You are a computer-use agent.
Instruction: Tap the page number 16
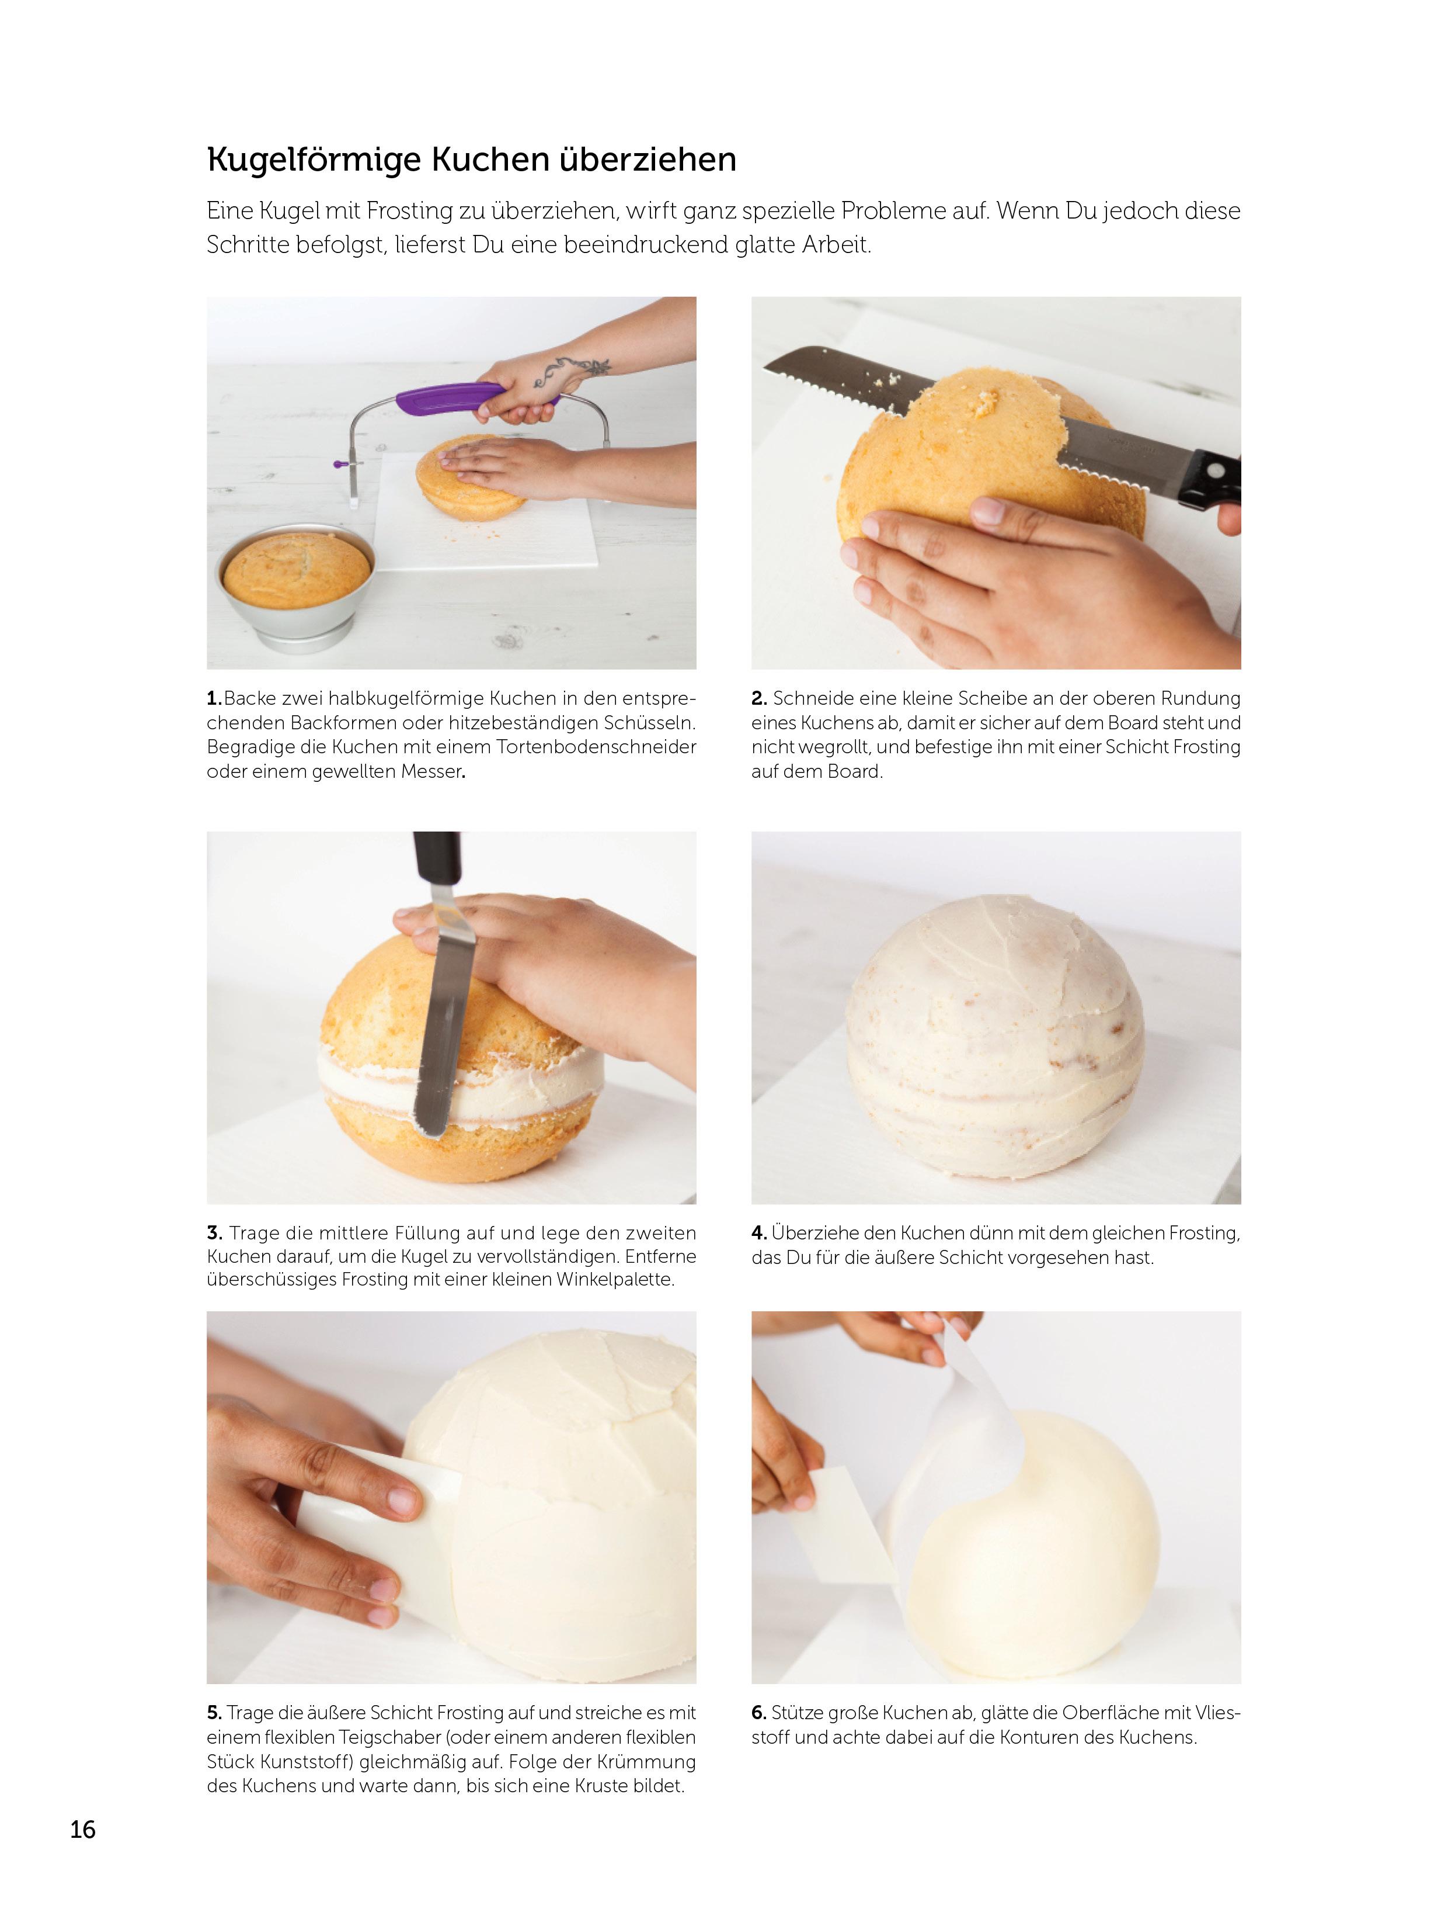pyautogui.click(x=83, y=1829)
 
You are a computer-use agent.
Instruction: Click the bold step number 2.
pyautogui.click(x=758, y=698)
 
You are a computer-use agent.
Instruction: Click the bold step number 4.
pyautogui.click(x=758, y=1233)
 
